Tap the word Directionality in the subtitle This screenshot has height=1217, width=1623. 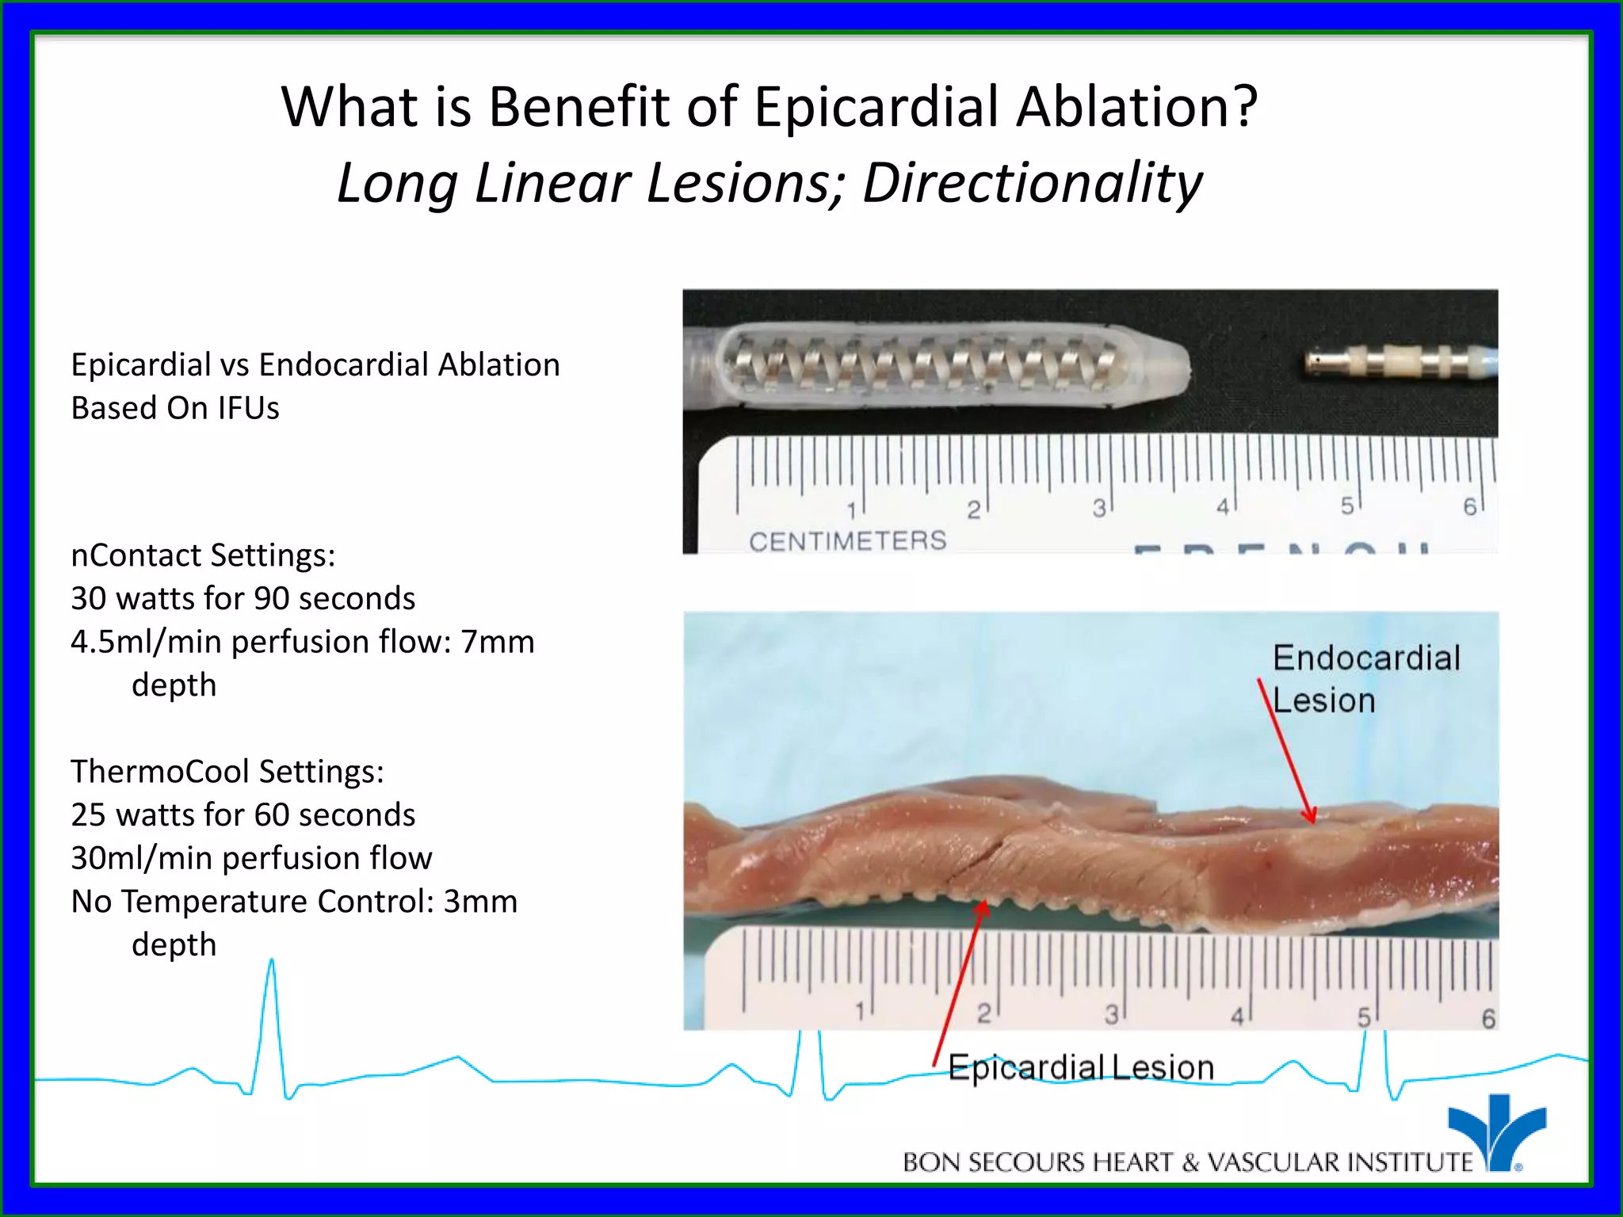point(1032,183)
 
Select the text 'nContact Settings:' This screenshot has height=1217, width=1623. point(203,555)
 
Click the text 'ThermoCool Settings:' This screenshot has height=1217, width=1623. point(227,772)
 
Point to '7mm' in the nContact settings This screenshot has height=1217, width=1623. point(498,642)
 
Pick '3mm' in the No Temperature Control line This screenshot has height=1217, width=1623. point(479,902)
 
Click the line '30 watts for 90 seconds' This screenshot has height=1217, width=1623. point(242,599)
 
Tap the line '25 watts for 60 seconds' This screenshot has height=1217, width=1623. point(242,815)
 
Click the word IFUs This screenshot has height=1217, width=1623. point(249,408)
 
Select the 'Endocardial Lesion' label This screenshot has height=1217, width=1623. point(1365,679)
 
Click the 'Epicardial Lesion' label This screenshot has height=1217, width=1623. point(1081,1068)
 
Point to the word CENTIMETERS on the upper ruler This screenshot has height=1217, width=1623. point(847,541)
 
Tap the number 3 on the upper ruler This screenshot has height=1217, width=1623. point(1098,509)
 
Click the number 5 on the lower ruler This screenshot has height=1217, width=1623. point(1364,1017)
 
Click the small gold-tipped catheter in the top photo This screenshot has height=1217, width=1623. point(1399,363)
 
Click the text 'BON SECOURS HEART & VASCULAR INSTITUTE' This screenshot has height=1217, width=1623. point(1187,1162)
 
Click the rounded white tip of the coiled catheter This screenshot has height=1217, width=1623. point(1161,364)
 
